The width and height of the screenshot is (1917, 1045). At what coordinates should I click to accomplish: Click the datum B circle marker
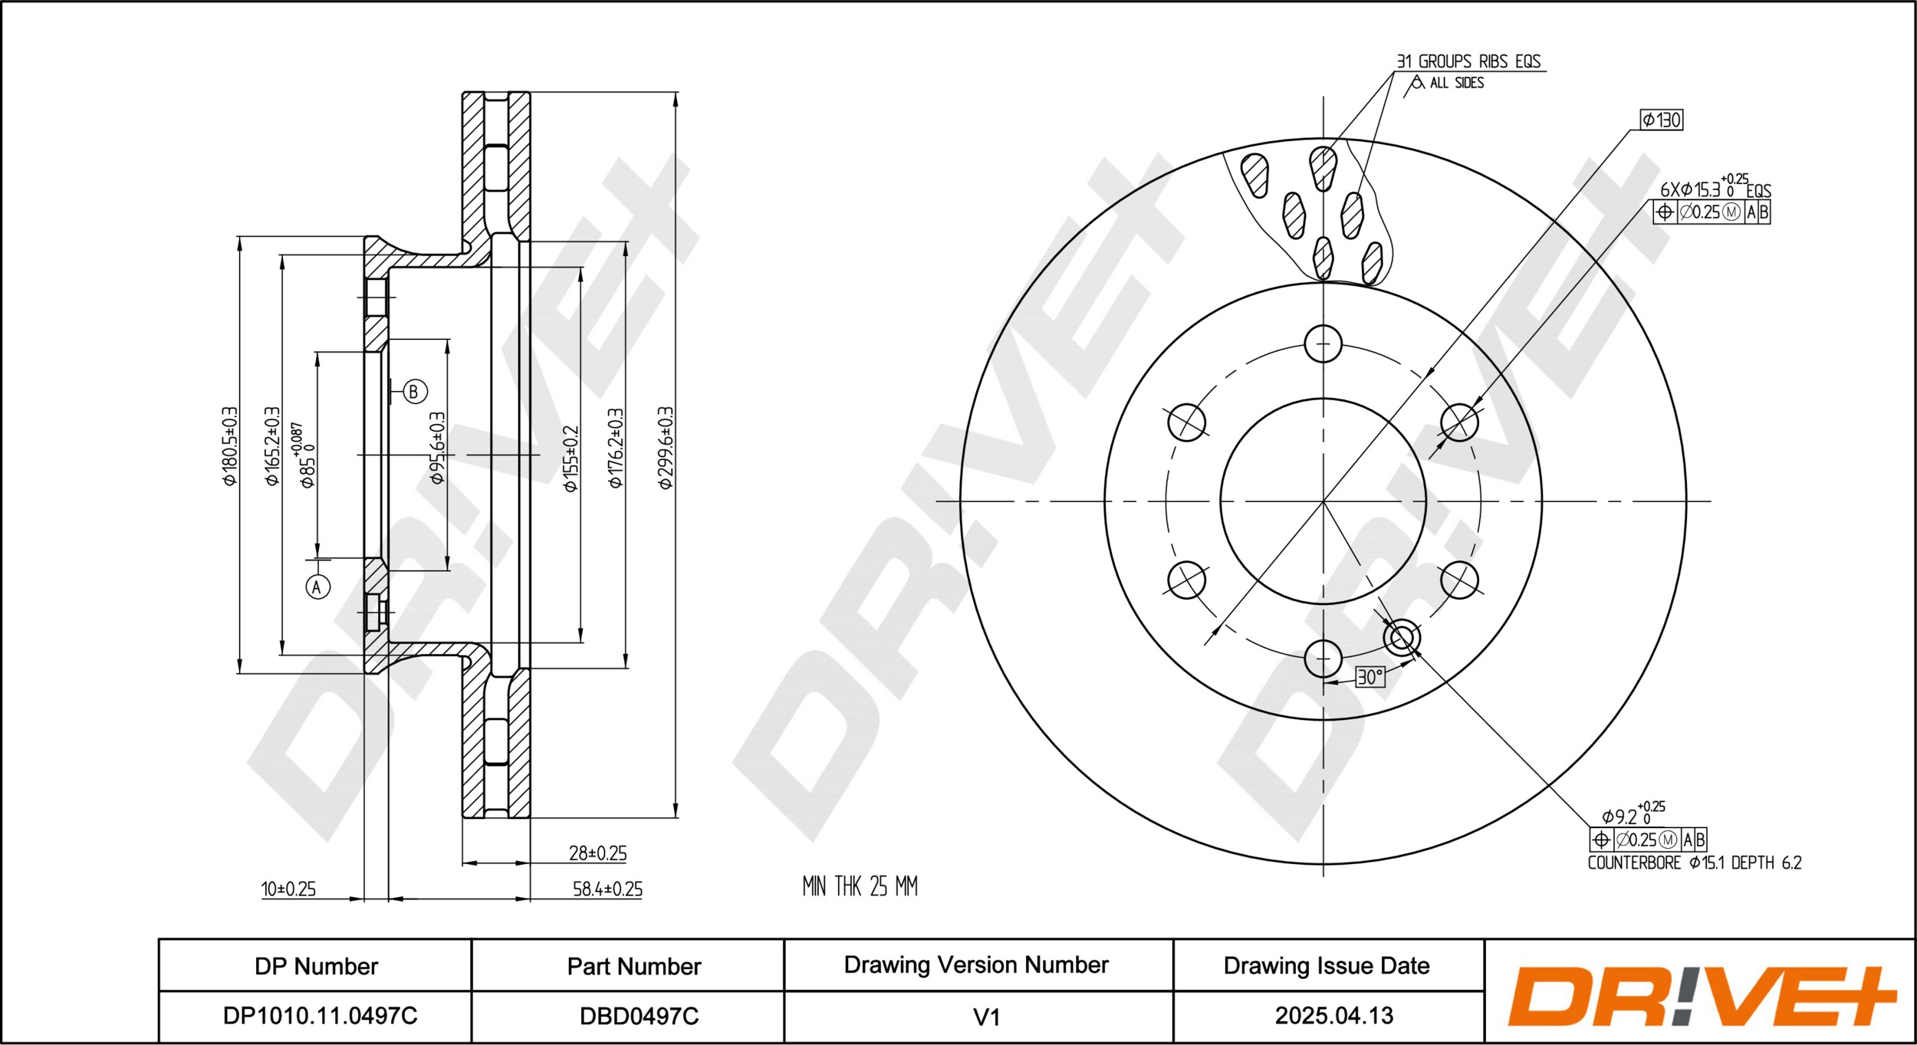[415, 392]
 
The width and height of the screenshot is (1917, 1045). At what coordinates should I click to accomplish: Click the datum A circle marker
[318, 587]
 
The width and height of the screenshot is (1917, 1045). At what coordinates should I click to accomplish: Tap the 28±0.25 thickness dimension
[598, 853]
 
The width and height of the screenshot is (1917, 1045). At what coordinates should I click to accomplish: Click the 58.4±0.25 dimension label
[607, 889]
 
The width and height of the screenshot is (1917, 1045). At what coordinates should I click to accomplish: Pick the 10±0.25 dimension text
[288, 889]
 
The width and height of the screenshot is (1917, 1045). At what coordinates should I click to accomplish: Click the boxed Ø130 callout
[1662, 120]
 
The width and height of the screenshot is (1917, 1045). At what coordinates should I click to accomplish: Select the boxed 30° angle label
[1370, 677]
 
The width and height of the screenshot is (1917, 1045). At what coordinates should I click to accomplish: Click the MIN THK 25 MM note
[860, 886]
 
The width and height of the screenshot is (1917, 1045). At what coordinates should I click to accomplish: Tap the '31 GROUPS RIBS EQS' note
[1468, 61]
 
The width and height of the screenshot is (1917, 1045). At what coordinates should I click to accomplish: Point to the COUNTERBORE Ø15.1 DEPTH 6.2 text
[1695, 863]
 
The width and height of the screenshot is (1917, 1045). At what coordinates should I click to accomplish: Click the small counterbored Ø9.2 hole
[1402, 637]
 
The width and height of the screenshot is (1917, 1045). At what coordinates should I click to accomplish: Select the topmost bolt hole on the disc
[1323, 344]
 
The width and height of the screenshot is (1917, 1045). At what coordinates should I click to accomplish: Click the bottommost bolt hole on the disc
[1323, 659]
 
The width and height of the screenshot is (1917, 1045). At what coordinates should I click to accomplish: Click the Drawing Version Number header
[976, 965]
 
